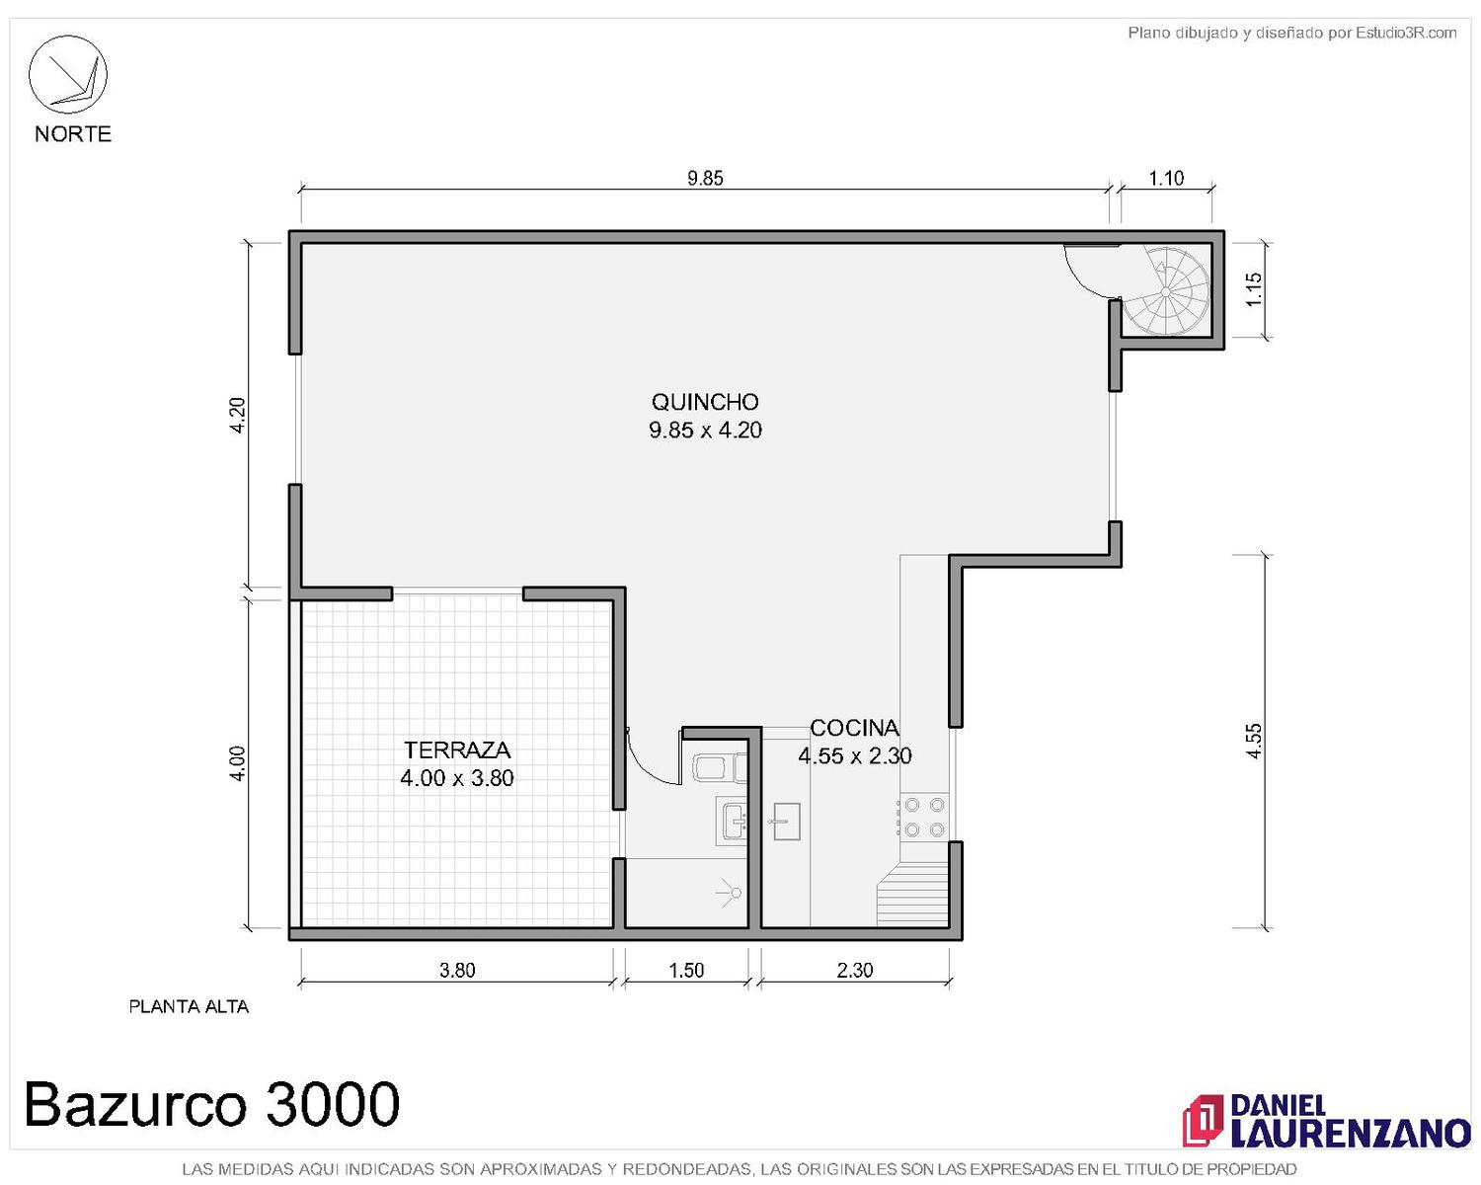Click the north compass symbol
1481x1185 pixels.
coord(67,75)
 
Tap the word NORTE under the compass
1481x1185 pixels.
coord(73,133)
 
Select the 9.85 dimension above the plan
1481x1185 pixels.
coord(705,179)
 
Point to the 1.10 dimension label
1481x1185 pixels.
coord(1166,179)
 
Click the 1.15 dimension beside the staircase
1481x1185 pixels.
coord(1254,290)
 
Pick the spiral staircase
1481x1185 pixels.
coord(1166,291)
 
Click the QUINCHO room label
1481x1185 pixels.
coord(705,402)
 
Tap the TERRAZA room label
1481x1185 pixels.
coord(457,750)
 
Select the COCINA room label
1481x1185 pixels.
coord(855,727)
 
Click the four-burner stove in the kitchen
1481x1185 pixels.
coord(923,817)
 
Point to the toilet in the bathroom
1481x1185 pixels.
coord(719,767)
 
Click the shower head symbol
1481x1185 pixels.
coord(730,893)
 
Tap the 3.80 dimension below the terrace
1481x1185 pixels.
coord(458,970)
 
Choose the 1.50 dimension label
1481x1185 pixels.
coord(686,970)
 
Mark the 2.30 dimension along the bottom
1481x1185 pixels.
coord(855,970)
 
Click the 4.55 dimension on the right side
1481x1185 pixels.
coord(1254,741)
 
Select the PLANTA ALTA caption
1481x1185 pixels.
coord(189,1006)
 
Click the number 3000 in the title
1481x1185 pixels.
coord(332,1103)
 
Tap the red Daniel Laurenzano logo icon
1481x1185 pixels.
coord(1203,1120)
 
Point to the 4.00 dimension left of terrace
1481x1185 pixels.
coord(237,763)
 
